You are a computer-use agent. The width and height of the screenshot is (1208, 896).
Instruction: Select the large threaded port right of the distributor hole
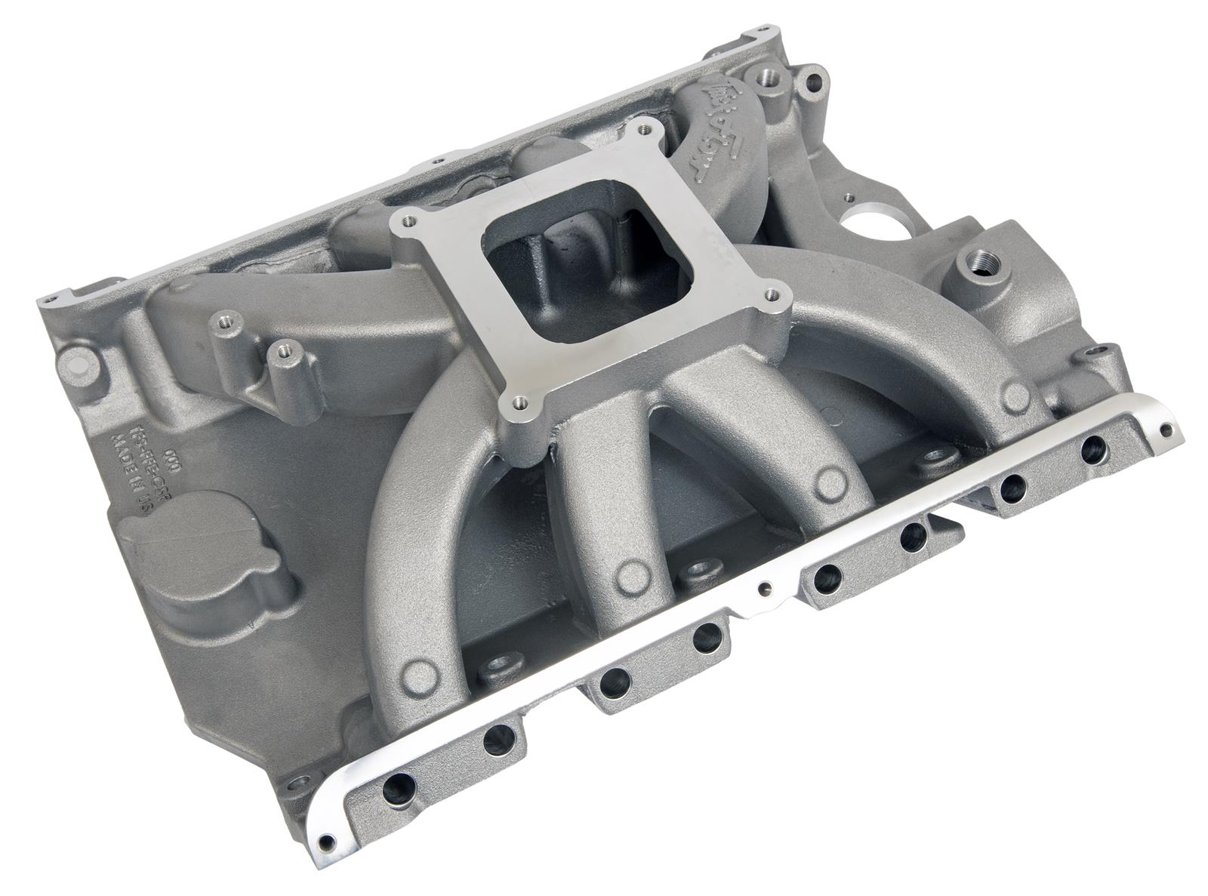coord(970,266)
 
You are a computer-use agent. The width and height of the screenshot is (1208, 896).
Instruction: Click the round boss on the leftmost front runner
coord(417,670)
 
